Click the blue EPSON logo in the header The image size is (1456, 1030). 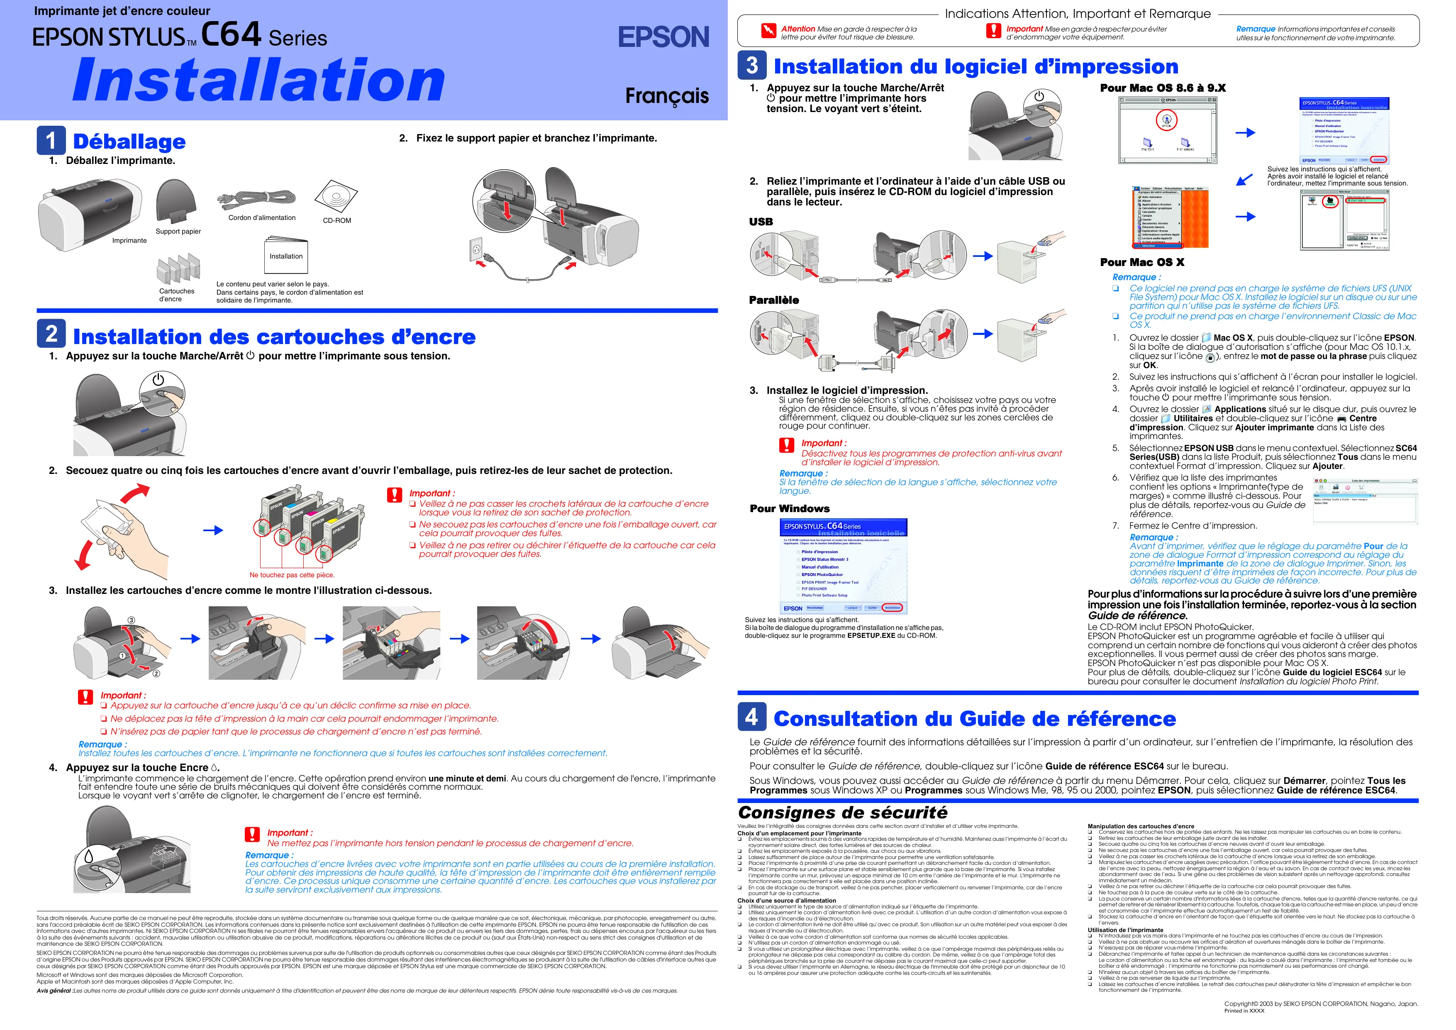[663, 37]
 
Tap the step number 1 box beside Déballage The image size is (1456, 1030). [51, 140]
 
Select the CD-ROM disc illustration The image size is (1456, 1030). [336, 197]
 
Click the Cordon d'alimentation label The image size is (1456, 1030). [262, 217]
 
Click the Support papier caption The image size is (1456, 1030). [178, 232]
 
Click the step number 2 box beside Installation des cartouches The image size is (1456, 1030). [51, 334]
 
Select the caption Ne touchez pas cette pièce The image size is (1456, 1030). [292, 575]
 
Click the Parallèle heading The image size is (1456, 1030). [774, 300]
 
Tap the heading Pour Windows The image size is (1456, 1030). [790, 509]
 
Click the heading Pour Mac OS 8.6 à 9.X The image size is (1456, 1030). [1162, 88]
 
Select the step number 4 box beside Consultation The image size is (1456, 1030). [751, 717]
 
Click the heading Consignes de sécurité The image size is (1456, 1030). [842, 813]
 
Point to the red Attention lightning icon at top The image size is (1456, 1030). [768, 30]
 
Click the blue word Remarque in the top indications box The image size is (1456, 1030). [1255, 29]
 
